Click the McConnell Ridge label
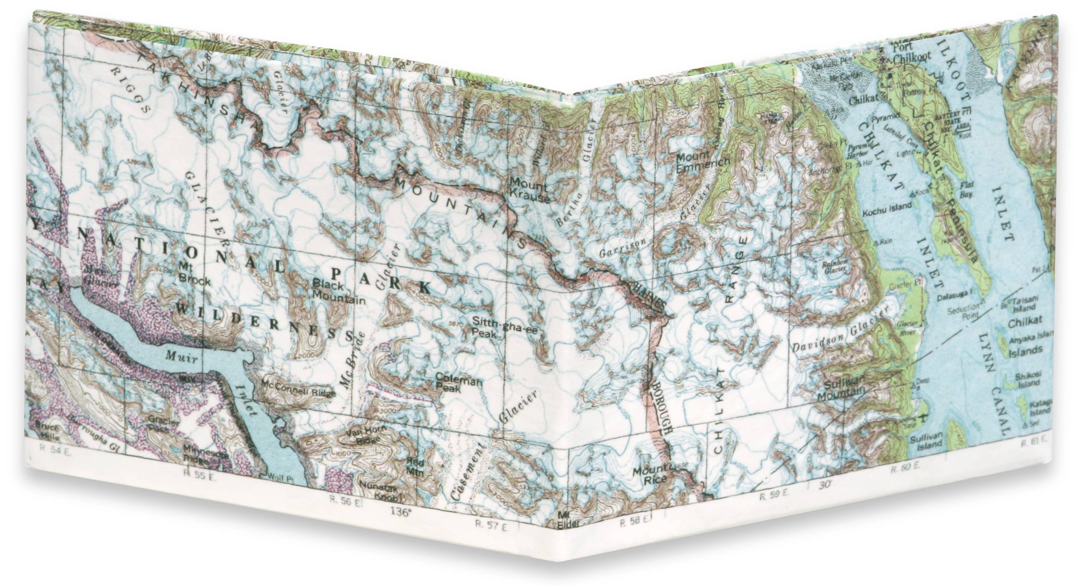coord(299,392)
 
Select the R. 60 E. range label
coord(905,468)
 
